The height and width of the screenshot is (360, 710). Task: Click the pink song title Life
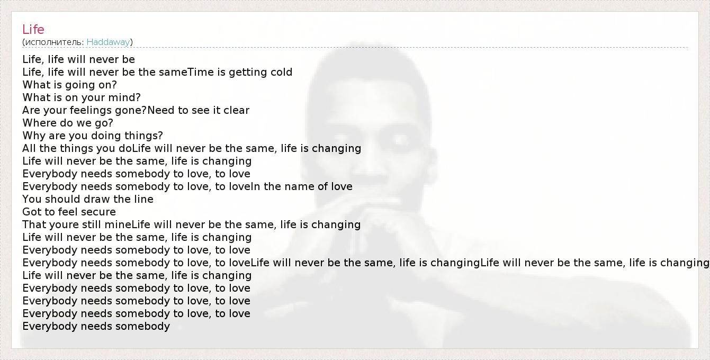[33, 30]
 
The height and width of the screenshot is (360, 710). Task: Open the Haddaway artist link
[108, 42]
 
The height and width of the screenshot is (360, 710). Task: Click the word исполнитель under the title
[54, 42]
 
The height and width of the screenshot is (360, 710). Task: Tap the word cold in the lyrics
[281, 72]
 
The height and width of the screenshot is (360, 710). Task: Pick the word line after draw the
[144, 199]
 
